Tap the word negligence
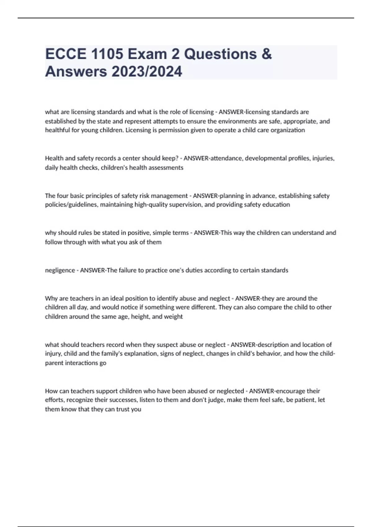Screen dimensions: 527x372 tap(60, 270)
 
